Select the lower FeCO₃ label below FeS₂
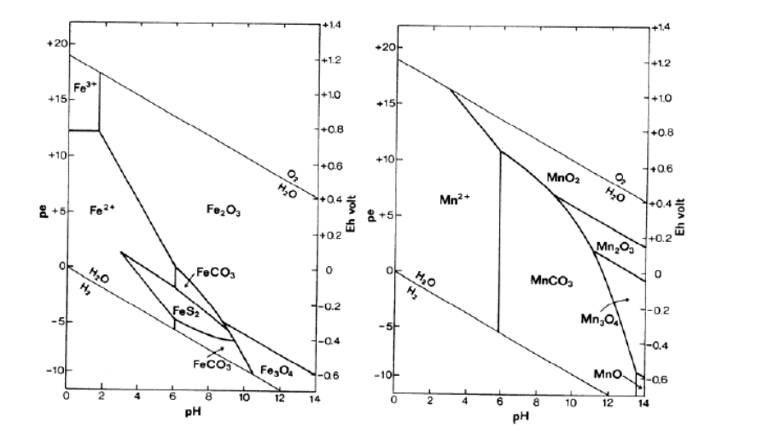pos(188,364)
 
